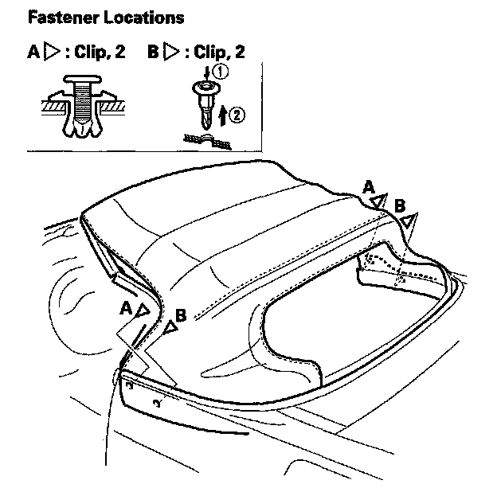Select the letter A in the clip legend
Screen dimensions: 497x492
(x=33, y=53)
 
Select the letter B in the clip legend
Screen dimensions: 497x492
(x=153, y=53)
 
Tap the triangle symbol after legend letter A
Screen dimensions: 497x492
(x=52, y=53)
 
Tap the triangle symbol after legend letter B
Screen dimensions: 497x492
(x=171, y=53)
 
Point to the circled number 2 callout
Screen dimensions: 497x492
(x=236, y=115)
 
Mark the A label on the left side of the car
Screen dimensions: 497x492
(x=126, y=306)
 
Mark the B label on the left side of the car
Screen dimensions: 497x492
(x=181, y=314)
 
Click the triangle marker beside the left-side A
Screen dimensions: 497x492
(x=143, y=310)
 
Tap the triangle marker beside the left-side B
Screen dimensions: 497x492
(x=170, y=326)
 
